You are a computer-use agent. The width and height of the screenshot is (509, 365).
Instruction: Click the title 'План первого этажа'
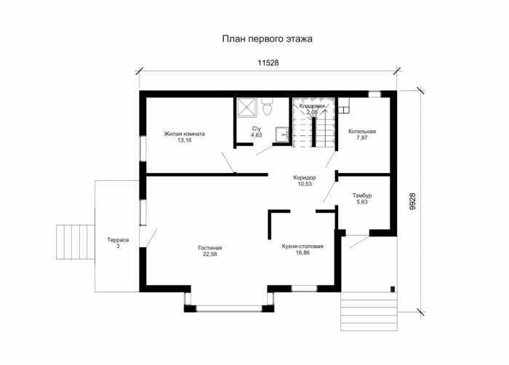267,39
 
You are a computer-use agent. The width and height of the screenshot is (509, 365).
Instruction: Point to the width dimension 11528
268,63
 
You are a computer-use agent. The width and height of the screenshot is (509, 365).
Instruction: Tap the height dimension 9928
412,201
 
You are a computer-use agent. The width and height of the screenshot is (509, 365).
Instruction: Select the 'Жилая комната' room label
184,134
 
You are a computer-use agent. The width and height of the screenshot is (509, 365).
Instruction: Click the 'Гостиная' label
210,248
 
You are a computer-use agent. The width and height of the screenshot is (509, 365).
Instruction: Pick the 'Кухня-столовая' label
302,246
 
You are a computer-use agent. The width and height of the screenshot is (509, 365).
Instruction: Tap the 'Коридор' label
305,178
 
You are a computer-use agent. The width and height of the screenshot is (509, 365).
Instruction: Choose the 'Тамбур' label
362,196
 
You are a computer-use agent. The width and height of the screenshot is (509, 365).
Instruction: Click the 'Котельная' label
362,132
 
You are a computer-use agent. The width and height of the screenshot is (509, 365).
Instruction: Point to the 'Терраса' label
118,240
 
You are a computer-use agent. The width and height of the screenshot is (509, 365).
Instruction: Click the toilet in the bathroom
267,106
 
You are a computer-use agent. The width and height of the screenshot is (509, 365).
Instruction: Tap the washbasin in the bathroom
281,134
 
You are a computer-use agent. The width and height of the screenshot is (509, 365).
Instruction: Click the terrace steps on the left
76,241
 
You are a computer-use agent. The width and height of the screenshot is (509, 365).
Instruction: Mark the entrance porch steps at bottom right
369,311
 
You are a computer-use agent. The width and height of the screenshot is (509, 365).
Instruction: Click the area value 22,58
210,254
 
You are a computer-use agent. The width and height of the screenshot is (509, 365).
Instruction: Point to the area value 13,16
184,140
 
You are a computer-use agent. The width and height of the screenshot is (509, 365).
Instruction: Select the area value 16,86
302,252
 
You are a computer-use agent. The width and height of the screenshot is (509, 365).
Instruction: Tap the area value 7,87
362,137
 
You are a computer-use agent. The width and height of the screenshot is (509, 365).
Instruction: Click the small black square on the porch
393,289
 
